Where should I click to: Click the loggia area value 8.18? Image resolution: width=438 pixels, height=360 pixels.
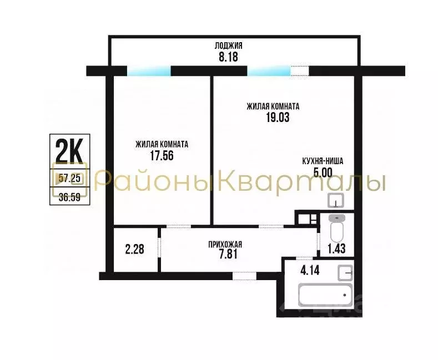[x=228, y=57]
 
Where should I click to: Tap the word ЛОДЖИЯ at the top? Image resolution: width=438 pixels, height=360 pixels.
[x=228, y=45]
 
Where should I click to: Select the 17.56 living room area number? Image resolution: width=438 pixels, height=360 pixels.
[x=162, y=156]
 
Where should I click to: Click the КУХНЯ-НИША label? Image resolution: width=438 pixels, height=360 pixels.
[x=323, y=161]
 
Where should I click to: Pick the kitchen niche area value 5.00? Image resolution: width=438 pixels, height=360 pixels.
[x=323, y=173]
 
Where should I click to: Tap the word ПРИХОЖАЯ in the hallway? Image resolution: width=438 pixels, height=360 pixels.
[x=225, y=244]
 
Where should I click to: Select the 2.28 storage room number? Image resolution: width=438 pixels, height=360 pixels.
[x=134, y=249]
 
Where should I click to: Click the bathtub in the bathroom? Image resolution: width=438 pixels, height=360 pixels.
[x=325, y=295]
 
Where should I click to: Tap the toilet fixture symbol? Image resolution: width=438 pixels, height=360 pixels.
[x=337, y=226]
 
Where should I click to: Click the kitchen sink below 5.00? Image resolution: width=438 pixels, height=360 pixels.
[x=336, y=200]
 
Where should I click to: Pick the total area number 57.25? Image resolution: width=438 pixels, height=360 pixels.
[x=69, y=178]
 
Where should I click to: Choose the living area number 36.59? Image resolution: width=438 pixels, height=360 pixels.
[x=69, y=196]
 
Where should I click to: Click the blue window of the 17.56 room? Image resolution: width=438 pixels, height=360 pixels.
[x=149, y=71]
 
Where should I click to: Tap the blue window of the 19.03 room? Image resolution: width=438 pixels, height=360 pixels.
[x=269, y=71]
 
